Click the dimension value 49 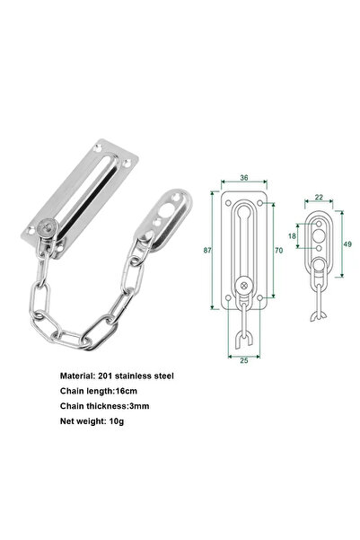(x=347, y=243)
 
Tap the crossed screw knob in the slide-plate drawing (x=243, y=287)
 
